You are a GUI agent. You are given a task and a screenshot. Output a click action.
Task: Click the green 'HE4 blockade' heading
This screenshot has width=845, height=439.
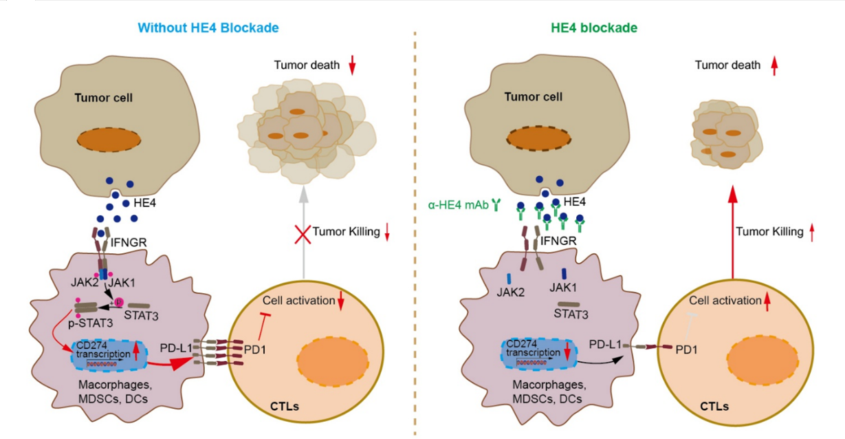click(594, 28)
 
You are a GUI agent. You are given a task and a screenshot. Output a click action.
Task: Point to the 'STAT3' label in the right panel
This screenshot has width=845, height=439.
click(573, 317)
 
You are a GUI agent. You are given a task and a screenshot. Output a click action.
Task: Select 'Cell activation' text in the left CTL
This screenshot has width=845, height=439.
click(294, 301)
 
